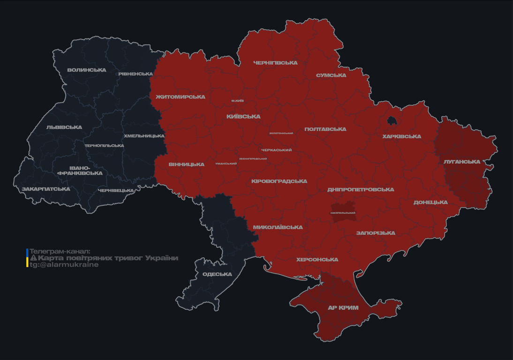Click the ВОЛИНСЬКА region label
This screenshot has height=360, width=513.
[87, 70]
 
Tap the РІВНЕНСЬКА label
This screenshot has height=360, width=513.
[136, 74]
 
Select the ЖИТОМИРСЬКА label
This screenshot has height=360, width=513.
[181, 97]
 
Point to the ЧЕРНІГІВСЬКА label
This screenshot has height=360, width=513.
[275, 63]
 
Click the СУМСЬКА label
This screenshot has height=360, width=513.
[331, 75]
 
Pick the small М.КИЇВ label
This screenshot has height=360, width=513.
[237, 101]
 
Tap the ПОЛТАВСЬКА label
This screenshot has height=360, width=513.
[325, 129]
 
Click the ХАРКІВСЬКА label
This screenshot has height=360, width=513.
[401, 137]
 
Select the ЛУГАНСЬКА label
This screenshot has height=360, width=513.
[462, 162]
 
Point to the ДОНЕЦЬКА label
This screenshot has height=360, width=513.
[430, 202]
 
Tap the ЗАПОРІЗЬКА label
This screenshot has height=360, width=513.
[376, 233]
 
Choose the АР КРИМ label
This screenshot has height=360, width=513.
[343, 308]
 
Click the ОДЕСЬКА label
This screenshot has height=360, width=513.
[217, 274]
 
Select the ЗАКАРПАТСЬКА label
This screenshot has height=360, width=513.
[46, 189]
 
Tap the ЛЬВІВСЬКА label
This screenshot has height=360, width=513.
[64, 127]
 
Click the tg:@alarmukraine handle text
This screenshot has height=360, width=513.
[64, 265]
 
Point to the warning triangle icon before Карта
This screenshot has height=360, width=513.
[33, 258]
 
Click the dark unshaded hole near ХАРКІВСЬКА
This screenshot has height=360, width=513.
[392, 121]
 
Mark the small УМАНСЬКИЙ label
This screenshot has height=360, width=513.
[226, 164]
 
